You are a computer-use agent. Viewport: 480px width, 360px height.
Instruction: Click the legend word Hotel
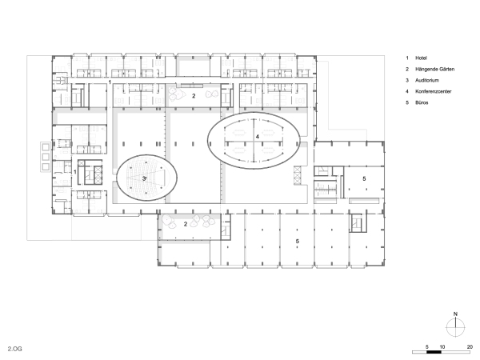click(x=421, y=58)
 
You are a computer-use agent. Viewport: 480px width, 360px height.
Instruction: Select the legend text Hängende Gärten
click(x=434, y=69)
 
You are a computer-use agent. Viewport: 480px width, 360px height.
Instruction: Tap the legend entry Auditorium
click(x=426, y=80)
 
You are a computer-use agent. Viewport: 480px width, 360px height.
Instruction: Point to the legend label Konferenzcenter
click(x=433, y=91)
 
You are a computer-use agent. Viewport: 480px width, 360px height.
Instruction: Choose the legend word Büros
click(x=422, y=102)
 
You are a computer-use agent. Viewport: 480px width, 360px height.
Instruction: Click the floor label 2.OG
click(x=15, y=349)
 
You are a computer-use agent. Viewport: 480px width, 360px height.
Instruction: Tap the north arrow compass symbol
click(x=455, y=327)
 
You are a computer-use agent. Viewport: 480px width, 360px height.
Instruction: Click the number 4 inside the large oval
click(x=257, y=137)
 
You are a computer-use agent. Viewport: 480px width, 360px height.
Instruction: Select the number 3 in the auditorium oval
click(x=144, y=178)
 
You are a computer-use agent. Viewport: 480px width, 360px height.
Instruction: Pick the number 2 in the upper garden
click(x=194, y=96)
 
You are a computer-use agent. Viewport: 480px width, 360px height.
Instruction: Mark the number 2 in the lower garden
click(x=186, y=224)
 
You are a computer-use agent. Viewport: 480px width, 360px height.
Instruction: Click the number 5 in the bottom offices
click(x=298, y=242)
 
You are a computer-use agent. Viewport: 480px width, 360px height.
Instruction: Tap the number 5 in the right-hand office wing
click(x=364, y=178)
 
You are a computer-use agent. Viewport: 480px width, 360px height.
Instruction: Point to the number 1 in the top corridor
click(x=110, y=82)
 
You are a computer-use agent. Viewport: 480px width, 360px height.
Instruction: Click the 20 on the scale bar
click(x=470, y=347)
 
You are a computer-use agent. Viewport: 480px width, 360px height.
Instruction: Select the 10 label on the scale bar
click(x=442, y=347)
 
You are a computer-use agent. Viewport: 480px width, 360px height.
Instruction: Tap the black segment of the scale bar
click(x=434, y=352)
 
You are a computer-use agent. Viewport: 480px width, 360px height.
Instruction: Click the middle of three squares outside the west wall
click(x=46, y=157)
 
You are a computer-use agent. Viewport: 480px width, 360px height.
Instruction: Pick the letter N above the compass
click(x=455, y=314)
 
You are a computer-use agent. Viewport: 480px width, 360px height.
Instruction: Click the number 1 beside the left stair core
click(x=75, y=172)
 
